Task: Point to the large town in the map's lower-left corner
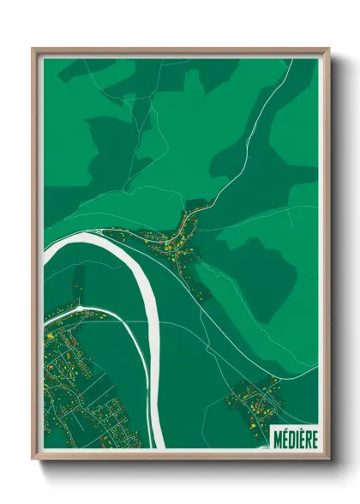click(x=73, y=377)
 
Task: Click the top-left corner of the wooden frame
click(x=34, y=50)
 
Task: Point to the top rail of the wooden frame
click(x=180, y=51)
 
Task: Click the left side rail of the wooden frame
click(x=36, y=257)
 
